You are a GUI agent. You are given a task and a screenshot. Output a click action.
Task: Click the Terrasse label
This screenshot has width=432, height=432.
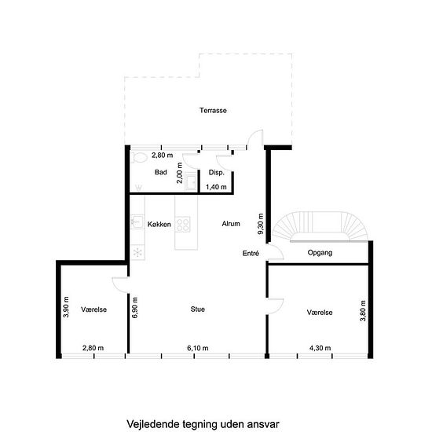point(213,111)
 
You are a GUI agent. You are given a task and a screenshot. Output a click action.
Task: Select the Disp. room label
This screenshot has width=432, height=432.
point(216,173)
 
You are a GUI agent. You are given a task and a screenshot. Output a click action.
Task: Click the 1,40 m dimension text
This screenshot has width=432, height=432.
point(216,187)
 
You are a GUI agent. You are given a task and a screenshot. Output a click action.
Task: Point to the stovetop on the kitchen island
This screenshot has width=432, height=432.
point(183,224)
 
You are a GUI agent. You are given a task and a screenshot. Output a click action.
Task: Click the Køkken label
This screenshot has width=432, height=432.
point(159,225)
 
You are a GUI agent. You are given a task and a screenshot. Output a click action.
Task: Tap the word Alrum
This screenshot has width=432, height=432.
point(231,224)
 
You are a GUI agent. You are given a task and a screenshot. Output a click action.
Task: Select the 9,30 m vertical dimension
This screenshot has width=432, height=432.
point(260,224)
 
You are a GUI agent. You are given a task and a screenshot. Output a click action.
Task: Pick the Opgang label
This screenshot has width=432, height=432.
point(320,253)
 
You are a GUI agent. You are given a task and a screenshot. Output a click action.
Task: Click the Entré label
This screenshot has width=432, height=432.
point(251,253)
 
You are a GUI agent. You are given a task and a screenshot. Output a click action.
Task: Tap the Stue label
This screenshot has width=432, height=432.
point(197,309)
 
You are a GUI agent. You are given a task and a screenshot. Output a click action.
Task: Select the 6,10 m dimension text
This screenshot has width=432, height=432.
point(197,348)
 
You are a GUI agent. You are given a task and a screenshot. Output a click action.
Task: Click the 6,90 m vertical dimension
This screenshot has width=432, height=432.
point(135,308)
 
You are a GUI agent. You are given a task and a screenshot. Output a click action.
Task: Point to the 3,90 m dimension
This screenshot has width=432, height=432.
point(66,307)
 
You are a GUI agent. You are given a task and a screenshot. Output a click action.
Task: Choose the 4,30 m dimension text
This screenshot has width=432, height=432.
point(320,348)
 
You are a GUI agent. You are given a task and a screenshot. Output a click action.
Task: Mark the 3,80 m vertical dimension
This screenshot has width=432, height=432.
point(363,311)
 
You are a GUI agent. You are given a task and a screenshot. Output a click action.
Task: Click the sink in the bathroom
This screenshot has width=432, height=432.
point(191,181)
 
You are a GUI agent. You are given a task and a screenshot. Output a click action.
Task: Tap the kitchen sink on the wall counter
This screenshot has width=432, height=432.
point(137,221)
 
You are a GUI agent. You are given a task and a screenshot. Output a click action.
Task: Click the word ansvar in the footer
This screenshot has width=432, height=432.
point(263,424)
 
